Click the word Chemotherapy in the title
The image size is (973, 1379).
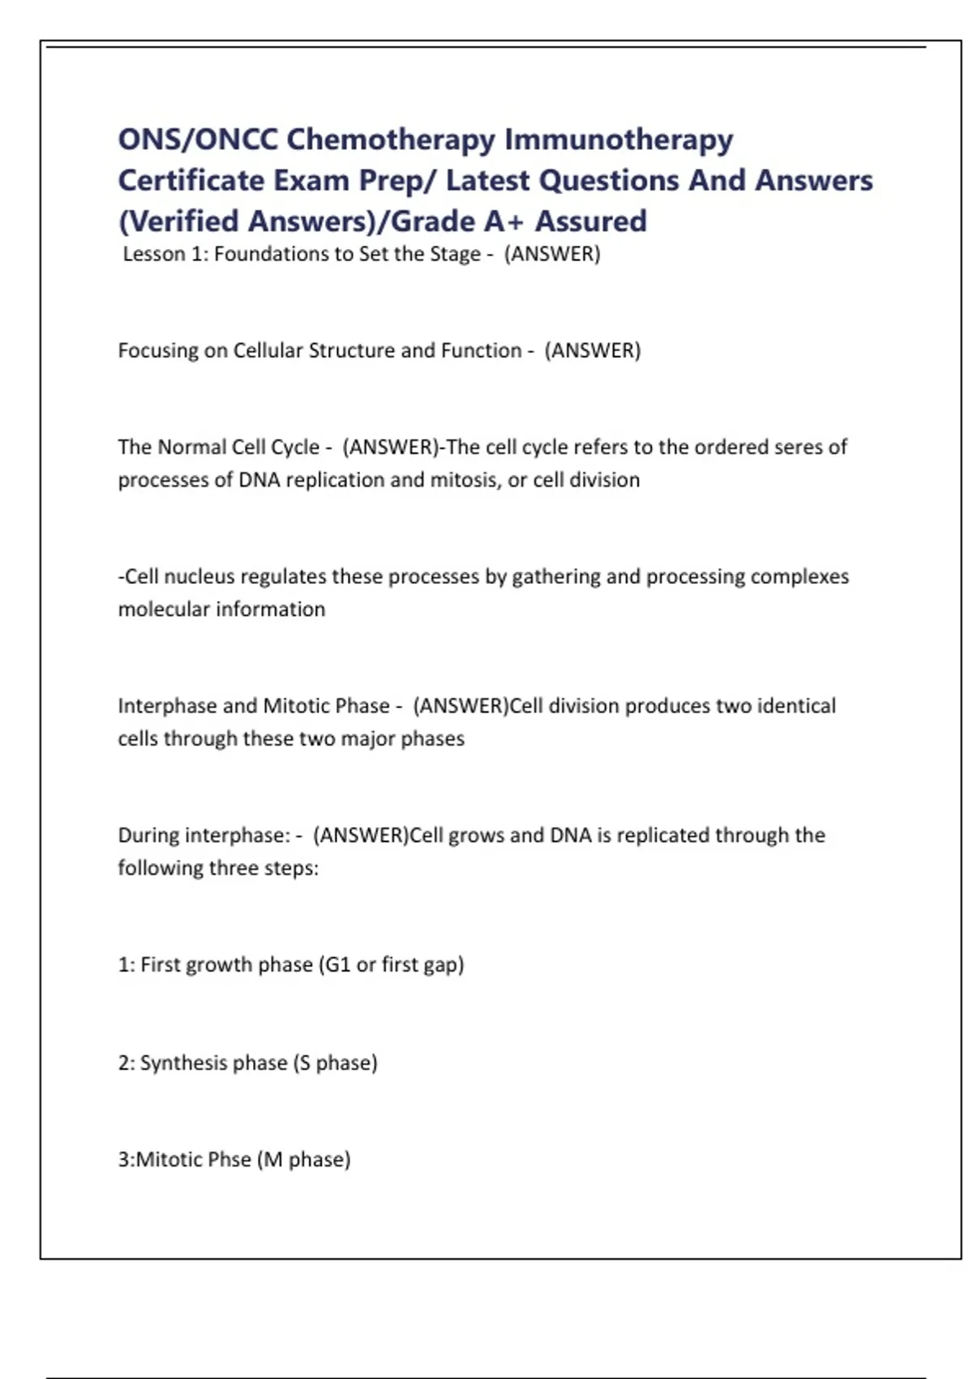pos(391,140)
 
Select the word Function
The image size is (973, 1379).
pos(481,350)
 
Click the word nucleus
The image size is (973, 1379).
pos(199,577)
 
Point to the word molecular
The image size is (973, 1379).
pos(163,609)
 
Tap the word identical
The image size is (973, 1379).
pos(796,706)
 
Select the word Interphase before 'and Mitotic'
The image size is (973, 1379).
pos(167,706)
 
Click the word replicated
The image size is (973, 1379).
pos(664,836)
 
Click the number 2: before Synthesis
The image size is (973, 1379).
pos(126,1063)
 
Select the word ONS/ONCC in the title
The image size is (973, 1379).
pos(198,140)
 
